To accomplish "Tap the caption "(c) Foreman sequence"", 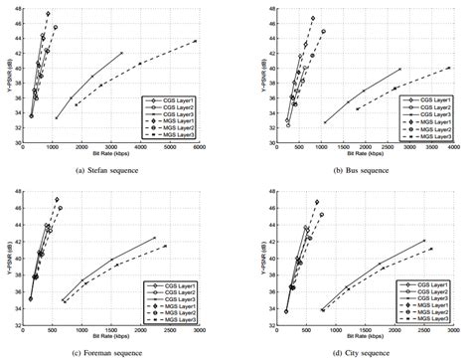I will (112, 354).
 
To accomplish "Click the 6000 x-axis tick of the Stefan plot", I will (200, 148).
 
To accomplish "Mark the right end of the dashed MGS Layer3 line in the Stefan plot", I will (196, 41).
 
